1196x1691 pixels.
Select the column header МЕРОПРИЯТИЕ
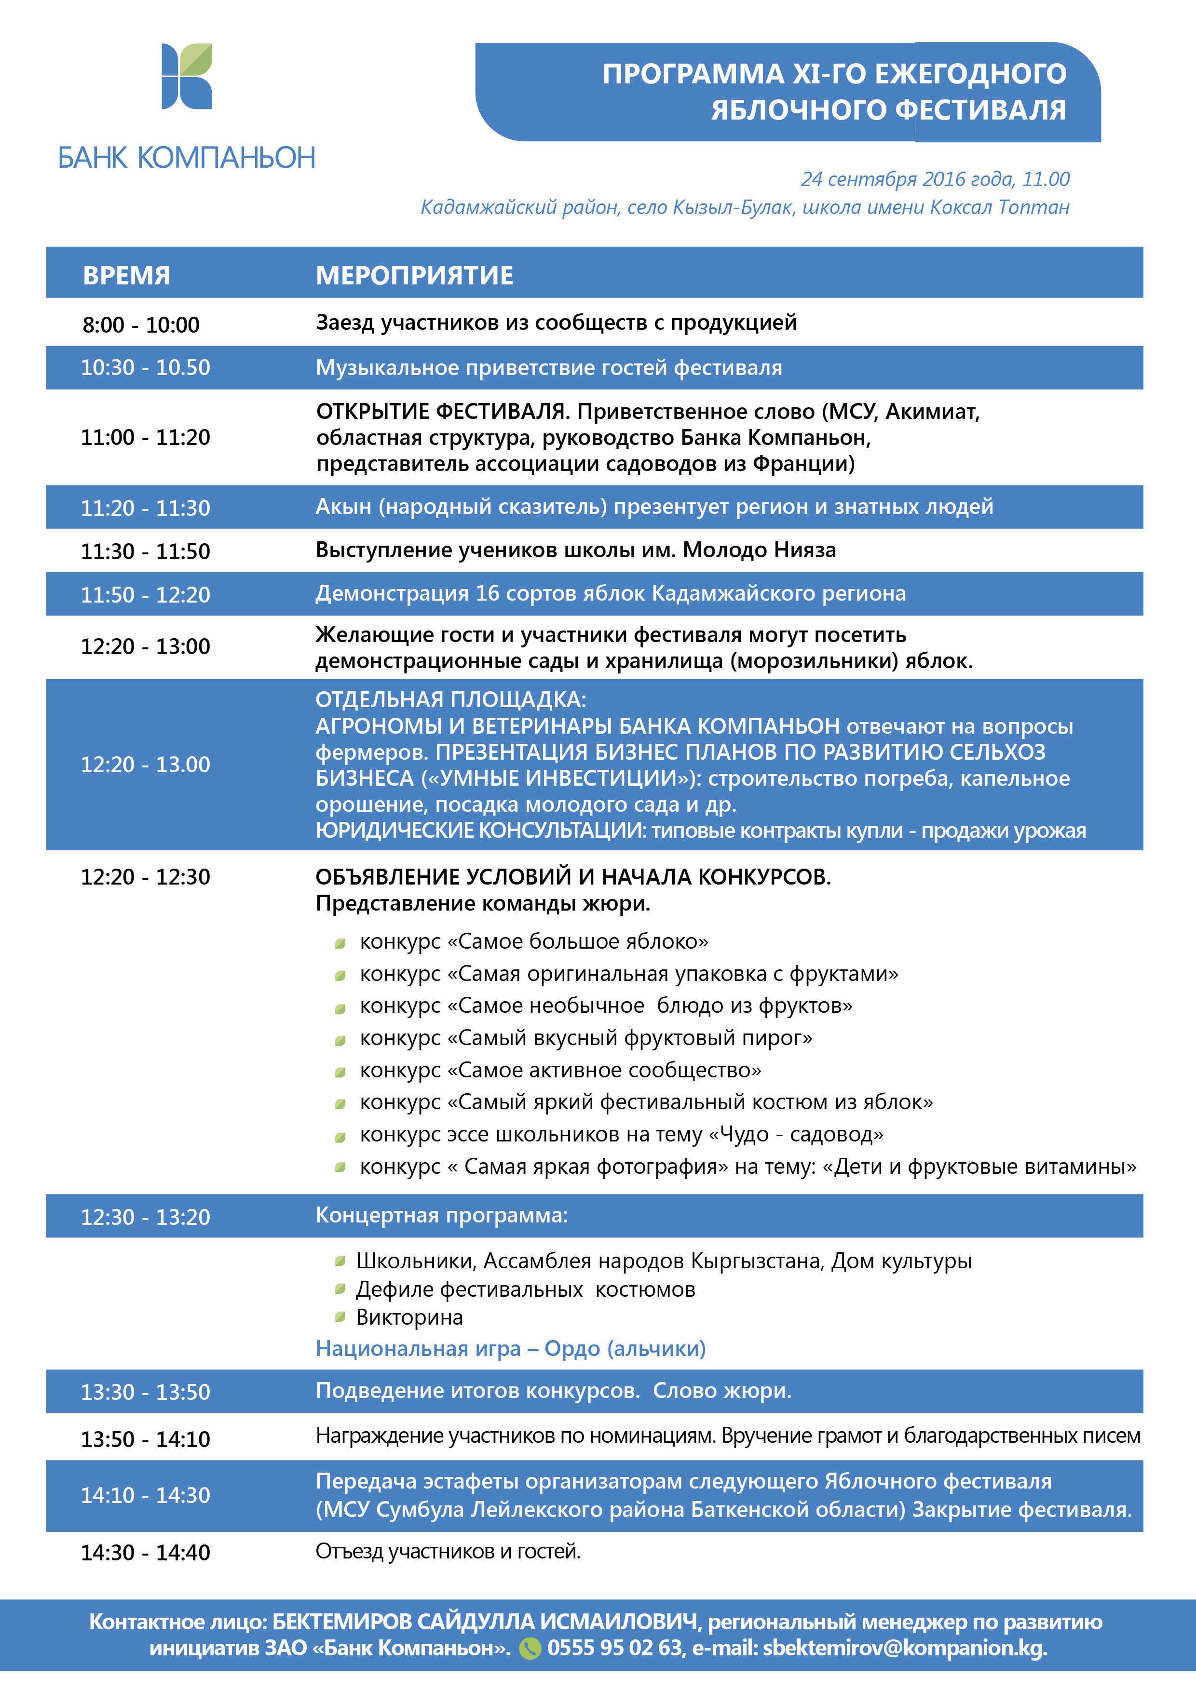414,275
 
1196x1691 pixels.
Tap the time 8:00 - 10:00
141,325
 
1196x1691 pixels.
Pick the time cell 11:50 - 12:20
145,594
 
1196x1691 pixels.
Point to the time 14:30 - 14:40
145,1553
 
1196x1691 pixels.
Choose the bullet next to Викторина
340,1316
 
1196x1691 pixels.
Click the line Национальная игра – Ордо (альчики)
510,1349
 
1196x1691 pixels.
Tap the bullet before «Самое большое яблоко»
340,943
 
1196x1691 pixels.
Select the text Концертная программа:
441,1215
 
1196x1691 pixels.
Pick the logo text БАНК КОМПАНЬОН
187,158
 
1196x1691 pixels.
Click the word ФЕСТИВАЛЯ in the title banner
981,110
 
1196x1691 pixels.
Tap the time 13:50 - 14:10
145,1439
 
